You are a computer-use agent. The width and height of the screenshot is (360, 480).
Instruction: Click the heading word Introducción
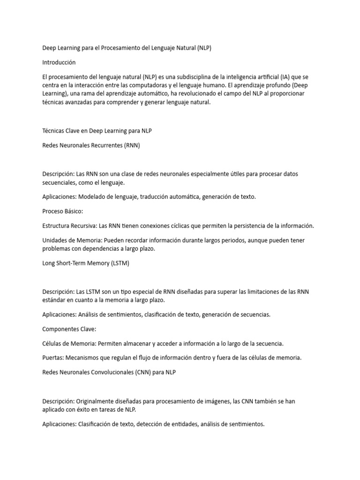tap(59, 62)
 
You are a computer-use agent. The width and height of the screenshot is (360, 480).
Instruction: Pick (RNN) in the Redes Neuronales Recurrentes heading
tap(132, 145)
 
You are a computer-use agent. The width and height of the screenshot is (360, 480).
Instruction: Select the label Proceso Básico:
tap(62, 211)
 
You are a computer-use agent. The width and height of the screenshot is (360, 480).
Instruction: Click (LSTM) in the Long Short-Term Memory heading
tap(120, 263)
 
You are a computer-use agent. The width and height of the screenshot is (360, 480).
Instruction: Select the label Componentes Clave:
tap(69, 329)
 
